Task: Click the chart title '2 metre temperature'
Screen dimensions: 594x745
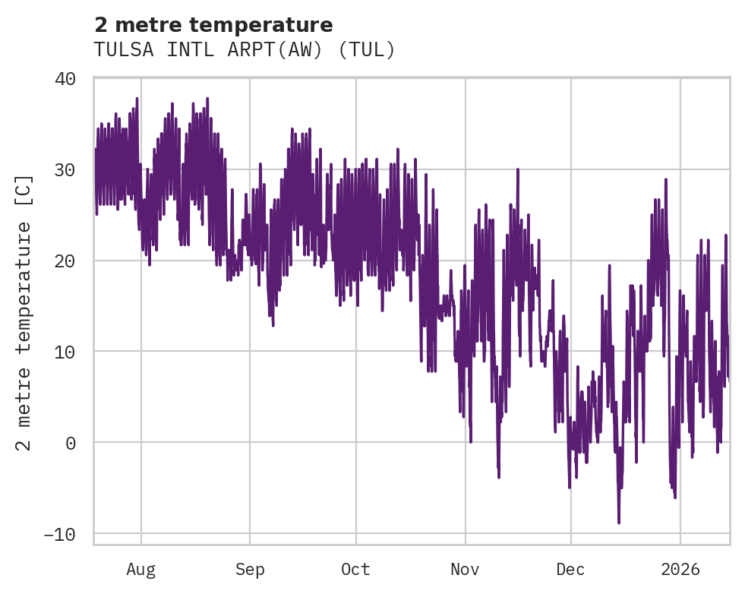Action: pos(213,25)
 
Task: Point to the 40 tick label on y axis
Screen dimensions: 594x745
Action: pos(65,78)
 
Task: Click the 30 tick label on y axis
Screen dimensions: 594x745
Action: pos(65,169)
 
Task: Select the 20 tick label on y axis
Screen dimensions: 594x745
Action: pos(65,261)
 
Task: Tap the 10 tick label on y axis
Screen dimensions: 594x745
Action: pos(65,352)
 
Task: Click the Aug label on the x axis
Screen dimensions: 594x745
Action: pos(140,570)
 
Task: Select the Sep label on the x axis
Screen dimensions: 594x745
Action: pos(249,570)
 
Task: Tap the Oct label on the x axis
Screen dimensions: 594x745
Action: pos(355,570)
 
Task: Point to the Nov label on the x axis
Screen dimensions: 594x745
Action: pos(465,570)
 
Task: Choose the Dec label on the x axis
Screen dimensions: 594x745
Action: pos(570,570)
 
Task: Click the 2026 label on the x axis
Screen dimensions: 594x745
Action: pos(680,570)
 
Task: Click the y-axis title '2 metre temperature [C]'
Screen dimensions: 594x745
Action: pos(25,312)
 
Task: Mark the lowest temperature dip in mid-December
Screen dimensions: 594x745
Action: pos(619,523)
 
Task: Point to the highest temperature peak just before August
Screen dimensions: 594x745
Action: pos(137,99)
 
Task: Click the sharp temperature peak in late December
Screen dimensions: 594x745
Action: pos(666,180)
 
